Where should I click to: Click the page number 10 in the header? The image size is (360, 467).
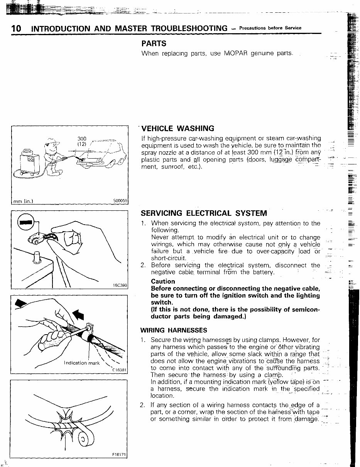16,29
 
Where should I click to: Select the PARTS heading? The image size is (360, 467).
154,44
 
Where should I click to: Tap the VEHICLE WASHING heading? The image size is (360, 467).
178,129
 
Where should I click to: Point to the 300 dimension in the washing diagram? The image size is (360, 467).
82,139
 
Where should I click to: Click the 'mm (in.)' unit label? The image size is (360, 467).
23,201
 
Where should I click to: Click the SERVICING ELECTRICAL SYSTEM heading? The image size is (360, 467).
203,213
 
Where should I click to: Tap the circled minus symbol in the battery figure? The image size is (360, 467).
26,222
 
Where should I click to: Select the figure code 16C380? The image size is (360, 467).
120,286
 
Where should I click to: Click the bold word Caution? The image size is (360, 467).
163,281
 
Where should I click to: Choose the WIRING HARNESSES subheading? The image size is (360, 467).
173,330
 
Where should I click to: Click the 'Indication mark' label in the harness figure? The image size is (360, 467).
81,363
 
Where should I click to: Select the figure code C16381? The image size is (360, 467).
119,370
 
